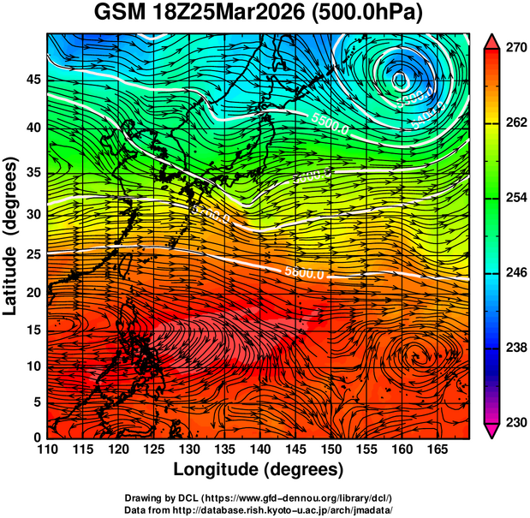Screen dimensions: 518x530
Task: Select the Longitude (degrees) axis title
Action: (259, 470)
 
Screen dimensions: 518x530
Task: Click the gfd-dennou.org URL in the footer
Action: (313, 498)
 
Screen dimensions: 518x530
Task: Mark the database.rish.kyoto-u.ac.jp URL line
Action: (259, 509)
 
